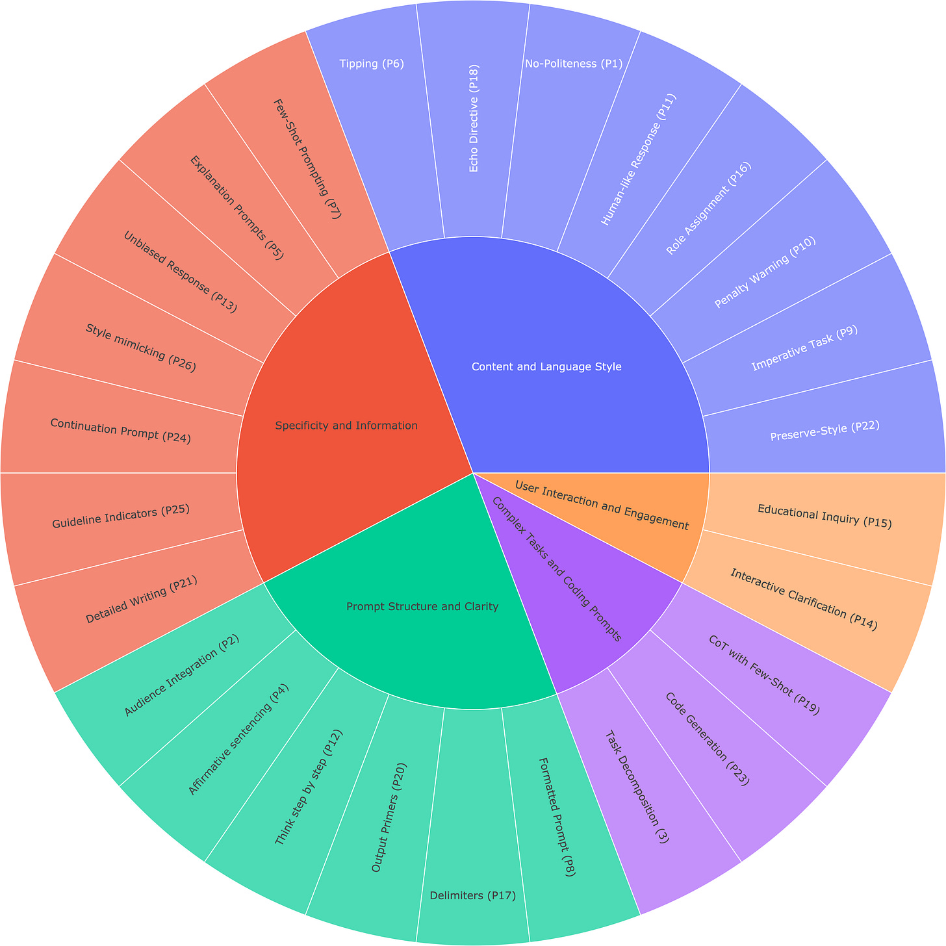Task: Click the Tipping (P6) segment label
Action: [x=372, y=64]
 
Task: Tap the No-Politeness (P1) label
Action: [x=572, y=64]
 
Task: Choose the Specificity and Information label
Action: [x=346, y=426]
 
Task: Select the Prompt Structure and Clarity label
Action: [x=422, y=607]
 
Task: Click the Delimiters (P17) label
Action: [x=473, y=896]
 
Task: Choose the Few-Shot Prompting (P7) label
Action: [x=306, y=159]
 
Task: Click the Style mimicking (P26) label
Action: [x=140, y=348]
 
